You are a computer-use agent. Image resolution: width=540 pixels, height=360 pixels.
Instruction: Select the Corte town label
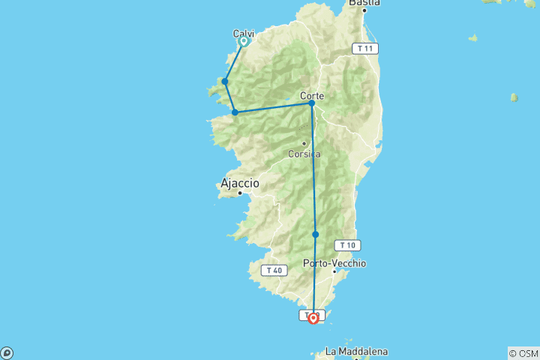(311, 95)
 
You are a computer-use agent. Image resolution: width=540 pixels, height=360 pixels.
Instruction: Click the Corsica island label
(304, 154)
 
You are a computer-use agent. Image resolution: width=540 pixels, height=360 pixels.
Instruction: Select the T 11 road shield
(365, 48)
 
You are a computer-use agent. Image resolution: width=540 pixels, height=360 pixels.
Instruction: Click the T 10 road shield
(346, 244)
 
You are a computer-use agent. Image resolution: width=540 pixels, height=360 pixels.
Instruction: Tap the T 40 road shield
(272, 270)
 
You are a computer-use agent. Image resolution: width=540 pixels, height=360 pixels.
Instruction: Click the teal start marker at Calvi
(244, 41)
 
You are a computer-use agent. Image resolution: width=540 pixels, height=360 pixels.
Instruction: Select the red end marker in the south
(313, 318)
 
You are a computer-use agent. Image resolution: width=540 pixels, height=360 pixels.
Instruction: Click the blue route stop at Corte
(311, 103)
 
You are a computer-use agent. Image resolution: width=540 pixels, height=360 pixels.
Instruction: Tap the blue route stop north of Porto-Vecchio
(316, 235)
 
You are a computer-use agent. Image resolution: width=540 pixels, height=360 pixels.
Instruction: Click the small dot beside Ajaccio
(240, 193)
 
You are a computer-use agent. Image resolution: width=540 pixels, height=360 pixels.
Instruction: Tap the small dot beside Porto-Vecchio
(334, 271)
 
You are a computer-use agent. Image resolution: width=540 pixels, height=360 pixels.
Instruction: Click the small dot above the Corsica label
(304, 143)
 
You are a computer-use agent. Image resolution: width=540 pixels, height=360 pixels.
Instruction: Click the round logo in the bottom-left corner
(7, 352)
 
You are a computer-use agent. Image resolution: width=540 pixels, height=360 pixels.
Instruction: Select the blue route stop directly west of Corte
(235, 112)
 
